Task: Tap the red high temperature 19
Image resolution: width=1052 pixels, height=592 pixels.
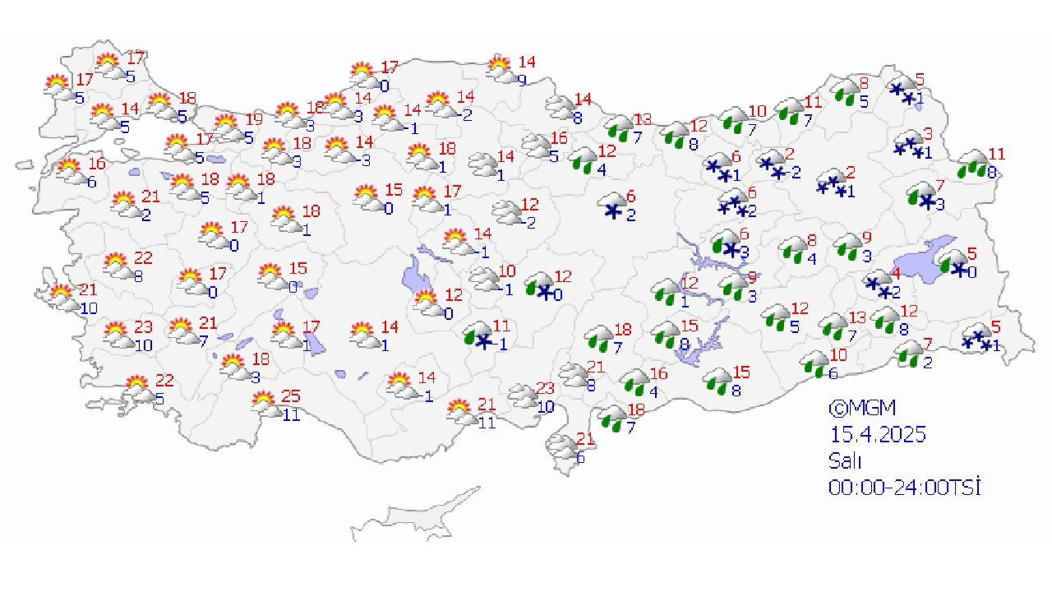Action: point(254,119)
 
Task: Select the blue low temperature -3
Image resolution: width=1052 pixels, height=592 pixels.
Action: point(363,160)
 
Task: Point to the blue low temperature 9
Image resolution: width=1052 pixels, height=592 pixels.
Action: point(521,80)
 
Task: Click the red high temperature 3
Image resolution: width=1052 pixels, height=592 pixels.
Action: point(928,132)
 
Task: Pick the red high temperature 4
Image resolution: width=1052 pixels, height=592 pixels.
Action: point(897,272)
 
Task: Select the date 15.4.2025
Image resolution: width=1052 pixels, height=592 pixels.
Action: point(877,434)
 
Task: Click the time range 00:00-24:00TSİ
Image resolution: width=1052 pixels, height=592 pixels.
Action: point(905,487)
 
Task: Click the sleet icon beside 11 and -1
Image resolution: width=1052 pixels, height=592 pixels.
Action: point(478,338)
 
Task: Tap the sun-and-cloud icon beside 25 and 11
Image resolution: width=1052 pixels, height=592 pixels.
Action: point(265,402)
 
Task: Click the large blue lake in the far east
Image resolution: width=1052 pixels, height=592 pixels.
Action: point(929,257)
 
